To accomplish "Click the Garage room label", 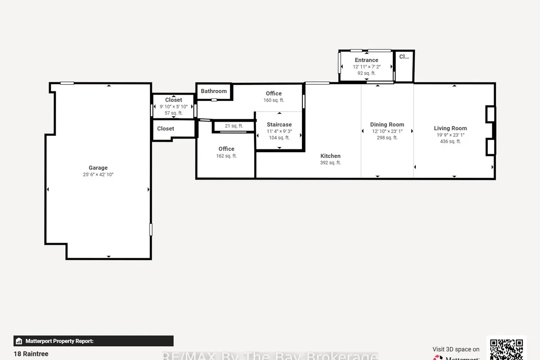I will pos(98,168).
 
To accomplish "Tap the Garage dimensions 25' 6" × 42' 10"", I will pos(98,175).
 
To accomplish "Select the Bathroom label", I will pos(214,91).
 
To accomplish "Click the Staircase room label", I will pos(279,125).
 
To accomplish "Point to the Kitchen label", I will pos(330,156).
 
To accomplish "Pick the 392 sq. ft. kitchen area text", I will pos(330,163).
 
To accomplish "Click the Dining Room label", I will pos(387,125).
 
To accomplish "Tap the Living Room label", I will pos(450,128).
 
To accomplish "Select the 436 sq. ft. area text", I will pos(450,141).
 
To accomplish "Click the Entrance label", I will pos(366,60).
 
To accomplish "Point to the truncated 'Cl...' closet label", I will pos(404,57).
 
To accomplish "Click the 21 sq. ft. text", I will pos(234,126).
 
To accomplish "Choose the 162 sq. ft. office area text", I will pos(226,156).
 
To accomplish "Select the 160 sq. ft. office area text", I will pos(274,100).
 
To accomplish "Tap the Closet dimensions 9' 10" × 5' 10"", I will pos(174,107).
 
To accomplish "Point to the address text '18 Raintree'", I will pos(31,354).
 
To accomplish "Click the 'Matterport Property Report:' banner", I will pos(94,341).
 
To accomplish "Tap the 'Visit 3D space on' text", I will pos(456,349).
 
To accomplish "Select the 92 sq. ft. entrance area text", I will pos(366,73).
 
